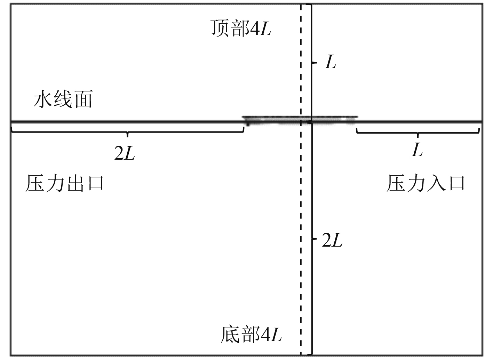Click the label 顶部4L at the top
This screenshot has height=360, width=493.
pos(240,29)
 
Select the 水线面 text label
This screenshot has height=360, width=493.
pos(63,99)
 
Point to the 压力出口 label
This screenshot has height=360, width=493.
pos(65,183)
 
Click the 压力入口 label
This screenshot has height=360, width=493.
pos(426,183)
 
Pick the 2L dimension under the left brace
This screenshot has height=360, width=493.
pos(125,153)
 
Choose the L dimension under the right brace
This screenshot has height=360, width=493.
pos(417,151)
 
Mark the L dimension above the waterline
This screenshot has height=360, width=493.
pos(330,63)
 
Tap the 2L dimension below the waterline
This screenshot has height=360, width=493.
pos(332,240)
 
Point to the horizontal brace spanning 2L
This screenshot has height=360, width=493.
pos(128,132)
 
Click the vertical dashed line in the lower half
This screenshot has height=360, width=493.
pos(301,243)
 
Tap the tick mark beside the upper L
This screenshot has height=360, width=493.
pos(314,63)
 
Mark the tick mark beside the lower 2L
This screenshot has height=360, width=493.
pos(314,239)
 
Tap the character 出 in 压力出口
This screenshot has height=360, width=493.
pos(74,183)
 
